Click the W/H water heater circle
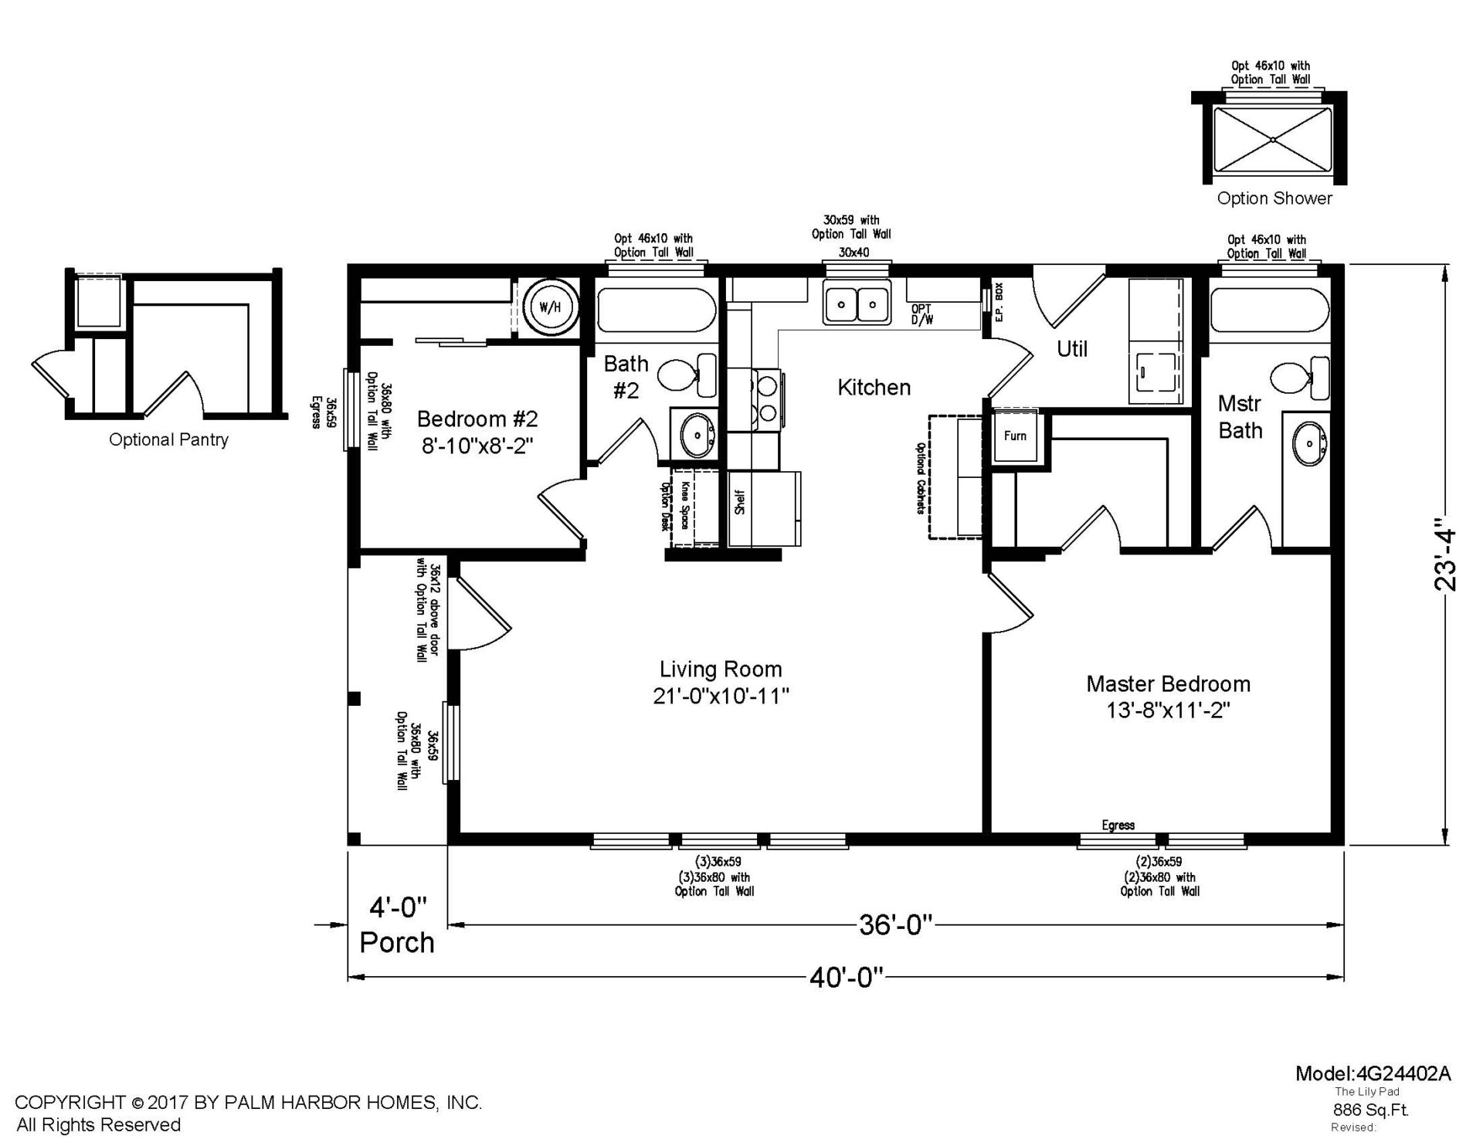(x=550, y=307)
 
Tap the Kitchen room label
(x=874, y=387)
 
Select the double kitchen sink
(x=857, y=303)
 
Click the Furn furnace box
(x=1015, y=436)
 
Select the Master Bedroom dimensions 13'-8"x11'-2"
(x=1168, y=710)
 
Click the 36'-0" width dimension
(x=896, y=924)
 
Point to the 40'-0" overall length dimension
(x=847, y=978)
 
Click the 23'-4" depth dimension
(x=1444, y=559)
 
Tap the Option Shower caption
(x=1274, y=198)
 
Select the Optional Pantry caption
(x=168, y=440)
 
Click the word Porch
(x=397, y=943)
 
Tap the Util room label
(x=1072, y=349)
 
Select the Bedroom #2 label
(x=477, y=419)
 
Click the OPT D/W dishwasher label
(x=922, y=314)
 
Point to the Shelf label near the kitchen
(x=740, y=502)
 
